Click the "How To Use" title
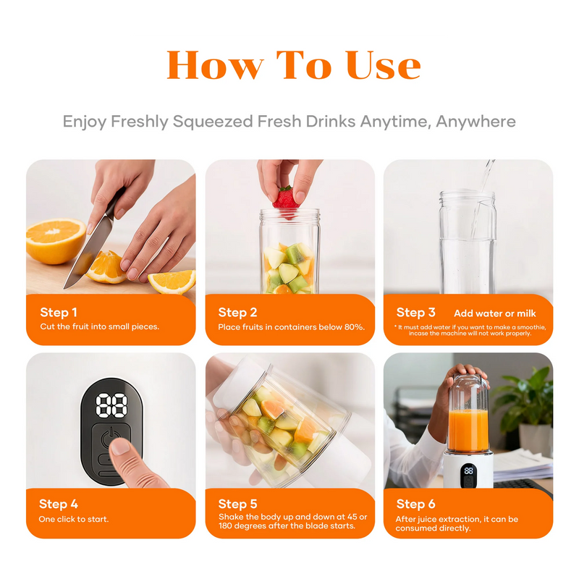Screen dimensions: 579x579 pyautogui.click(x=293, y=66)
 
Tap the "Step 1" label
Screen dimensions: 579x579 pyautogui.click(x=59, y=313)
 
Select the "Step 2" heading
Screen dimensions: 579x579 pyautogui.click(x=237, y=313)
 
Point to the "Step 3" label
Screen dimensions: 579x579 pyautogui.click(x=415, y=313)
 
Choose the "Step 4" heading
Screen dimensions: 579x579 pyautogui.click(x=59, y=504)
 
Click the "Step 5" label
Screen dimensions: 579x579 pyautogui.click(x=237, y=504)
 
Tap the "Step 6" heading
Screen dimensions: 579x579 pyautogui.click(x=415, y=504)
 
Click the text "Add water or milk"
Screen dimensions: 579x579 pyautogui.click(x=494, y=313)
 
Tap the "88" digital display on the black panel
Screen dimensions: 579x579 pyautogui.click(x=111, y=405)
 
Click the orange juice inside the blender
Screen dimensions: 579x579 pyautogui.click(x=468, y=430)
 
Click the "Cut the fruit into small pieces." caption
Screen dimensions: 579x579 pyautogui.click(x=99, y=327)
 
